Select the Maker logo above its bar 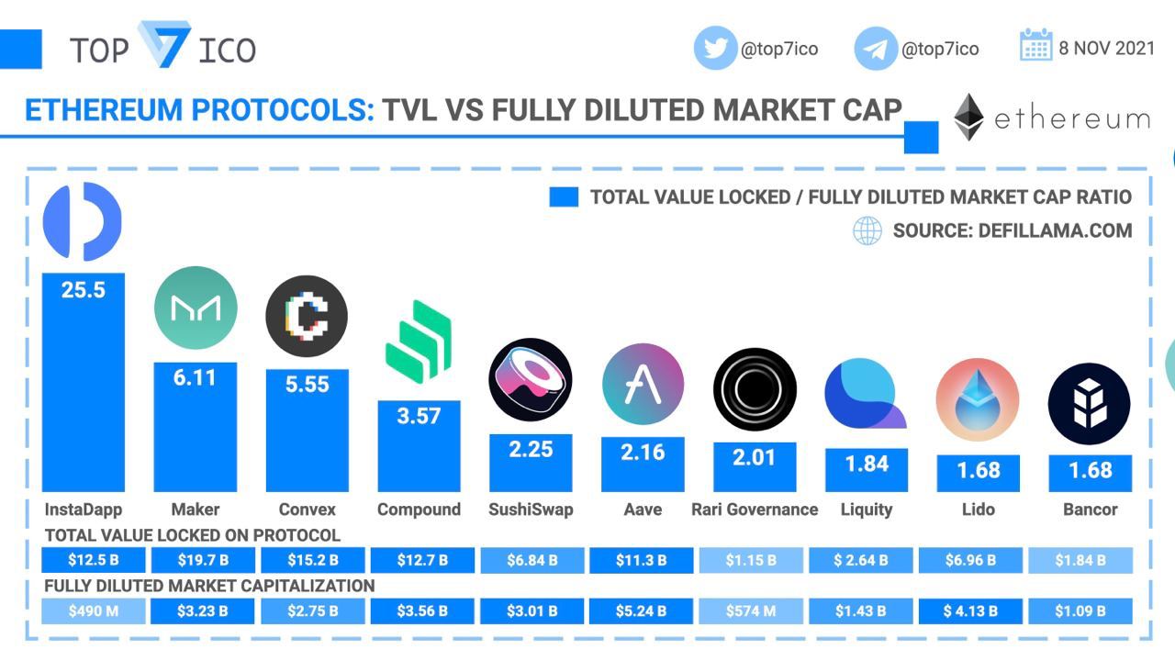coord(195,308)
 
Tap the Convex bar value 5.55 coord(307,385)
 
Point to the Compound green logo coord(419,341)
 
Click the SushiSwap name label coord(531,510)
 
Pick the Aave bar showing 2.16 coord(643,464)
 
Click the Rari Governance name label coord(755,510)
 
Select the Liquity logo coord(865,394)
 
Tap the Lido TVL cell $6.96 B coord(969,560)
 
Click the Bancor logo coord(1090,404)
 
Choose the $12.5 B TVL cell coord(93,560)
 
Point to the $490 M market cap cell coord(93,611)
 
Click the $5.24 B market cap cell coord(641,611)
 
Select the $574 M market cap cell coord(750,611)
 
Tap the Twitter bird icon coord(715,48)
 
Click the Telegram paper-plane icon coord(876,49)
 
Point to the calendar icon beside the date coord(1035,45)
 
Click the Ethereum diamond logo coord(968,118)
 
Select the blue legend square coord(564,197)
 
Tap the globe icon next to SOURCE coord(867,230)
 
